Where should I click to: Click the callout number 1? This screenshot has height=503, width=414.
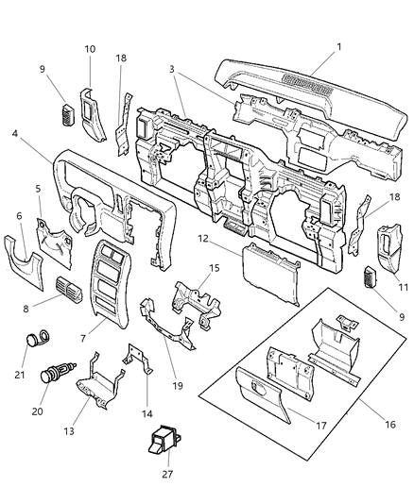338,46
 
